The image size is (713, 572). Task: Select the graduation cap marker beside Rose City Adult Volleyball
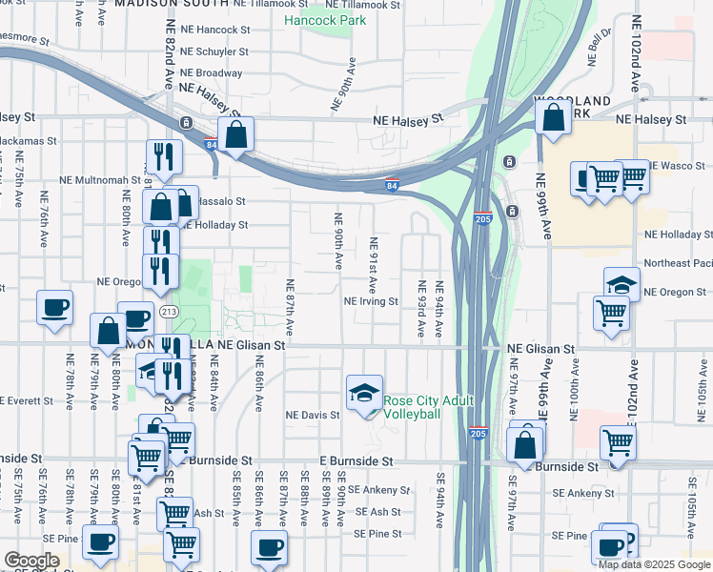363,393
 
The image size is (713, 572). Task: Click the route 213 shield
169,312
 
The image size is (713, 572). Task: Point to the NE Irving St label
371,301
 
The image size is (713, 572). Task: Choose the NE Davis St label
313,416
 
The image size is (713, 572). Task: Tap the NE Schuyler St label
214,53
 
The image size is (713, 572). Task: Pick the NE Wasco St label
679,166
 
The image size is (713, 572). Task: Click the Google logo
31,560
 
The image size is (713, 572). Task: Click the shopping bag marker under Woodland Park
554,118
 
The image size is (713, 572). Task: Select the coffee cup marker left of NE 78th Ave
54,307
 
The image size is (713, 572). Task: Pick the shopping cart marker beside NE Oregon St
611,312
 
